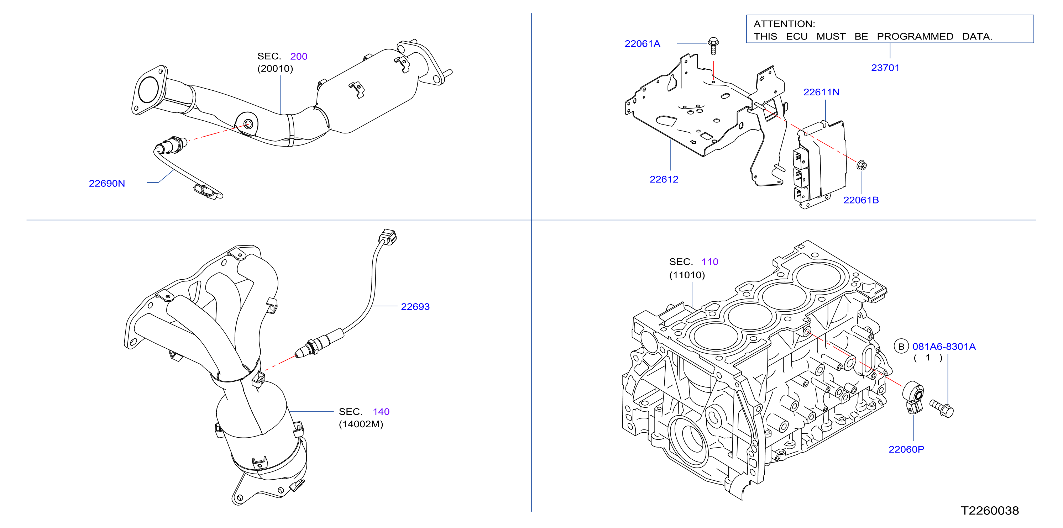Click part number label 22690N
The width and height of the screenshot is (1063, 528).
(107, 184)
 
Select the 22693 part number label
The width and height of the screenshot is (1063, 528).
(415, 306)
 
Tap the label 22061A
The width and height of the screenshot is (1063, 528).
(642, 44)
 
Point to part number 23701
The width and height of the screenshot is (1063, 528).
(885, 68)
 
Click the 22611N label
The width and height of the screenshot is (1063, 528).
(821, 92)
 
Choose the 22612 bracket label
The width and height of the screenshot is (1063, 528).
(664, 179)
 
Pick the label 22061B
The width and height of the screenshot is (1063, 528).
(861, 200)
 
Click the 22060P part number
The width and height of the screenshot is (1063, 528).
(906, 449)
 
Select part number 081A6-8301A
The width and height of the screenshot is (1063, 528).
(944, 347)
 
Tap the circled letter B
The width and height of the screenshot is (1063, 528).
(901, 347)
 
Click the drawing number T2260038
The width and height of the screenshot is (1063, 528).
(990, 511)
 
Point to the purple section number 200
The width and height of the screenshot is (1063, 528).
(299, 57)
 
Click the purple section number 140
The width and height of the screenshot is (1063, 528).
(381, 412)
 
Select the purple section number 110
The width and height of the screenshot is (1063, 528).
(710, 262)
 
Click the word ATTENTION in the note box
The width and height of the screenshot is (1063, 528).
(784, 24)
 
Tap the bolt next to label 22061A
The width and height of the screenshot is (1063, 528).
(713, 46)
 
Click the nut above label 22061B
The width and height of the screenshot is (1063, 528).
(861, 165)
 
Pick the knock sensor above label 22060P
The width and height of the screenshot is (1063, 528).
(913, 397)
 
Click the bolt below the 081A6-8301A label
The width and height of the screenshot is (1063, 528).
(942, 408)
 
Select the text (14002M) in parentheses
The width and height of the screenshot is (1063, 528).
(361, 424)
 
